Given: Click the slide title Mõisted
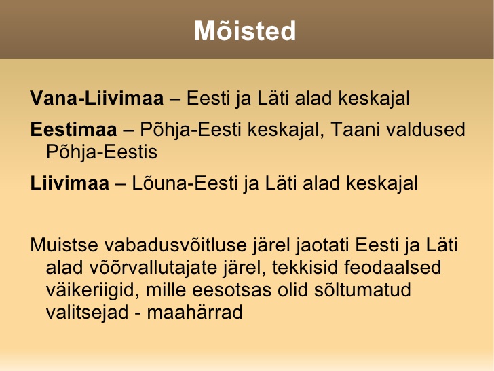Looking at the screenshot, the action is point(245,31).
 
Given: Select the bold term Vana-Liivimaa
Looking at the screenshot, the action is point(97,98).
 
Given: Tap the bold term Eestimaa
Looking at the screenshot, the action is point(73,129).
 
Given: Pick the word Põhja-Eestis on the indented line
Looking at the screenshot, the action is point(102,153).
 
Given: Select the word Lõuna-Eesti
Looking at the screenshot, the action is point(185,183).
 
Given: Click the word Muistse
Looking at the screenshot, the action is point(64,245).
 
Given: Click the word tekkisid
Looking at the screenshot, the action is point(305,268).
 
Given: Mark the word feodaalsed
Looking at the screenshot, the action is point(392,268).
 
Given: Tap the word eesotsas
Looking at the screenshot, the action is point(231,290).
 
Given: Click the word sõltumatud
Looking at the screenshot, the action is point(362,290).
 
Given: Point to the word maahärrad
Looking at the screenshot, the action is point(194,313).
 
